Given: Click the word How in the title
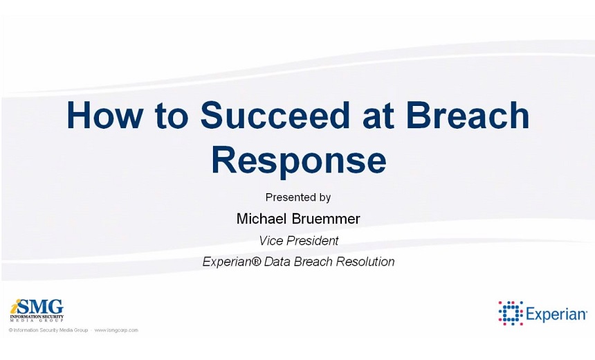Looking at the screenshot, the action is (x=105, y=115).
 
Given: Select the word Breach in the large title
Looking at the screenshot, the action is (x=467, y=115).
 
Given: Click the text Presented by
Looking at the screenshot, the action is (x=298, y=197).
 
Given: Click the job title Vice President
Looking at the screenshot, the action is (x=298, y=240).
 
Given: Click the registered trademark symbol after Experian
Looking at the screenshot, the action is (x=257, y=261).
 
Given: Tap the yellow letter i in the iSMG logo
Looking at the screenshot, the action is (x=15, y=306).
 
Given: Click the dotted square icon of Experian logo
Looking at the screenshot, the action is (x=511, y=314).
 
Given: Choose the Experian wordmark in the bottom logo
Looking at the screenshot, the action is (x=556, y=315).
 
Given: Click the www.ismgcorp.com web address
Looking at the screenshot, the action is (x=116, y=330).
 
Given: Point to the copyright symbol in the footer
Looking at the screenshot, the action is (x=10, y=330).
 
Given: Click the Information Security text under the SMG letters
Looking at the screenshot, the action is (x=37, y=316).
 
